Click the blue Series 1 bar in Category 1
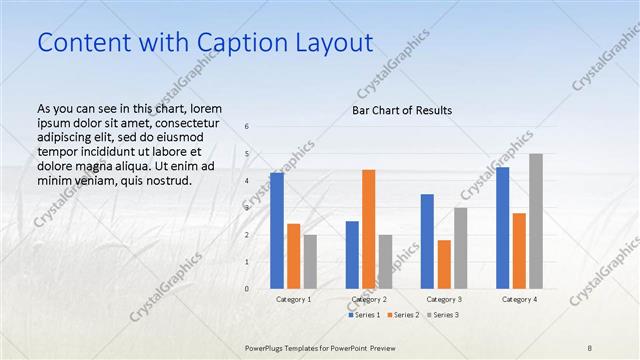point(276,230)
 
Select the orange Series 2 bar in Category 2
point(368,228)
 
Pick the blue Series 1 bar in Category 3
point(427,241)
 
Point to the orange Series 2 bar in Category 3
point(444,264)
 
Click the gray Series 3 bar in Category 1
point(310,261)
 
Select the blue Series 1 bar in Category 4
point(502,227)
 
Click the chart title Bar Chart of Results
point(401,109)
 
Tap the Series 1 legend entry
point(365,315)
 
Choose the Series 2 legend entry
point(402,315)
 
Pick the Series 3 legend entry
point(441,315)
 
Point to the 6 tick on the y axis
point(247,126)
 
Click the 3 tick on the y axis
point(247,207)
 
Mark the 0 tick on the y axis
point(247,288)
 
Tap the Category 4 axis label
point(519,299)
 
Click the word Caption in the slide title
point(234,43)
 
